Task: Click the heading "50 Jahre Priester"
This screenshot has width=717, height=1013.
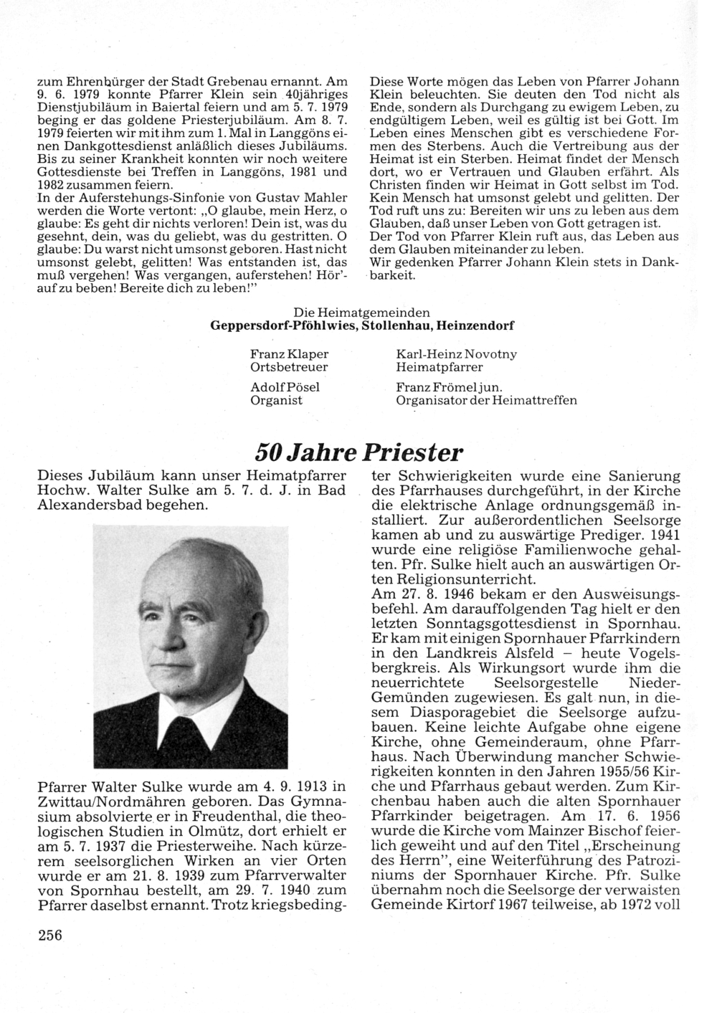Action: (x=359, y=453)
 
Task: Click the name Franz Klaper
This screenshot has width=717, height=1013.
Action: (x=289, y=354)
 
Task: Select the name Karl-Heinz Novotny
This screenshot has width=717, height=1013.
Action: (x=456, y=354)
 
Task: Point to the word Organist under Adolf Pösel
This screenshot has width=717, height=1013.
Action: (x=276, y=400)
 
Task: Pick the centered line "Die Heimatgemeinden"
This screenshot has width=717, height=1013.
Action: (x=362, y=313)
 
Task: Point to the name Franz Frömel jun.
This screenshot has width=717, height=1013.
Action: (x=449, y=387)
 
